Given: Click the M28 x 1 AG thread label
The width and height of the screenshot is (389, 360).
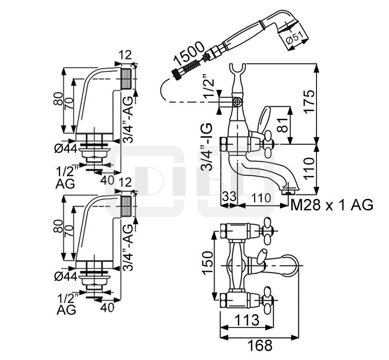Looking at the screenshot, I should tap(332, 205).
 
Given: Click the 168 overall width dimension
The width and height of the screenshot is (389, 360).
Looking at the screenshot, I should tap(260, 346).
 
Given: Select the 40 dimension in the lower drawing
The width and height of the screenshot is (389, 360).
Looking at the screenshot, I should tap(107, 307).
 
